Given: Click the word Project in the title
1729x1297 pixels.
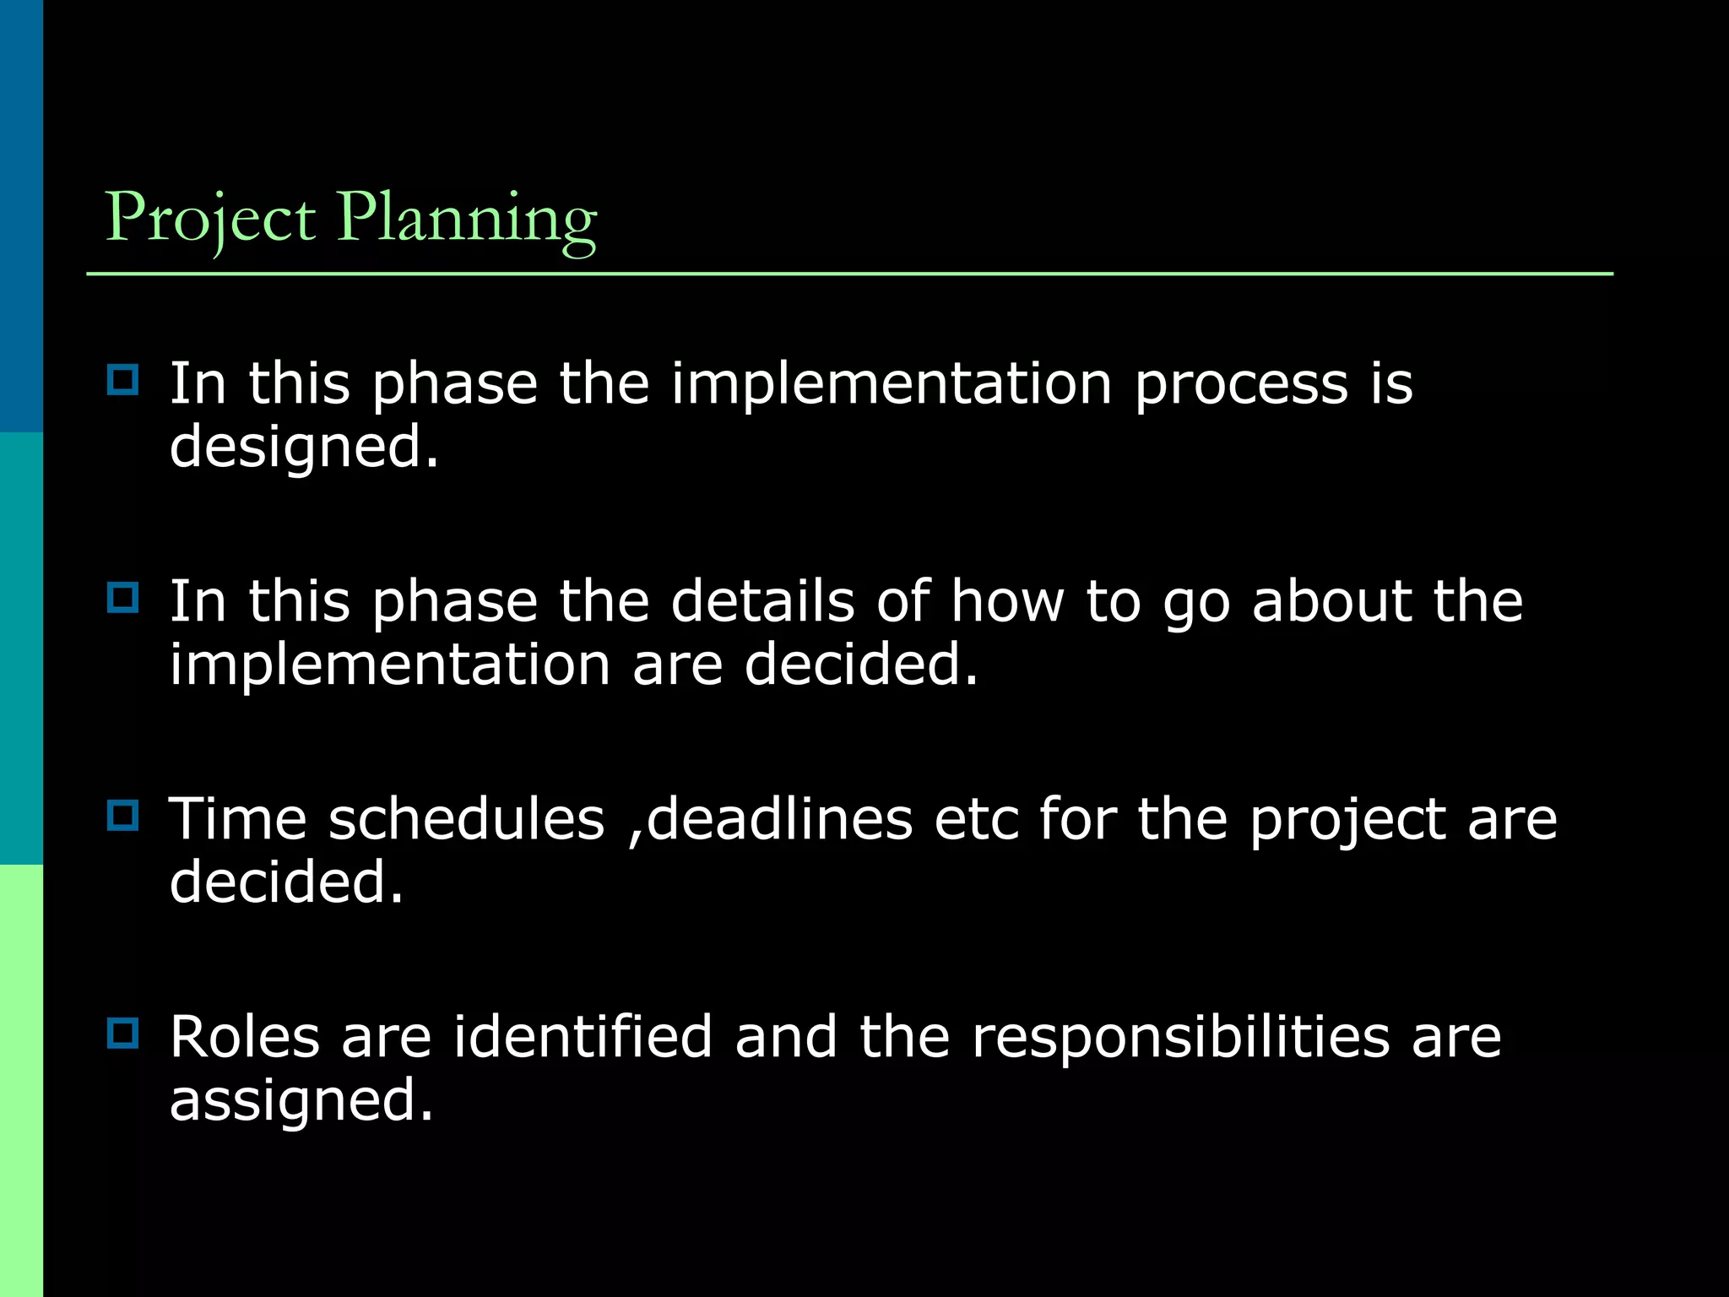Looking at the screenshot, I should pos(209,218).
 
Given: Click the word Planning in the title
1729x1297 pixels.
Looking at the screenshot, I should pos(467,218).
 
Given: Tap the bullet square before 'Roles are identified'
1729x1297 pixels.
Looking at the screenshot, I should pos(123,1033).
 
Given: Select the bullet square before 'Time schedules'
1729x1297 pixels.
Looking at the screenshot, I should pos(123,815).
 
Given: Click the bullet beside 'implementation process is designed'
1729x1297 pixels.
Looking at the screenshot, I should pos(123,380).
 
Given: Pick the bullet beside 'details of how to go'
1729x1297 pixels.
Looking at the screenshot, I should pos(123,598).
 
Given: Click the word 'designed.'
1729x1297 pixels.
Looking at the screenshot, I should pos(304,448).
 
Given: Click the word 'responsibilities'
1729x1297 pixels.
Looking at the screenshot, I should pos(1180,1039).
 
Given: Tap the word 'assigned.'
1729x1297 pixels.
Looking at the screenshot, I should pos(301,1102).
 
